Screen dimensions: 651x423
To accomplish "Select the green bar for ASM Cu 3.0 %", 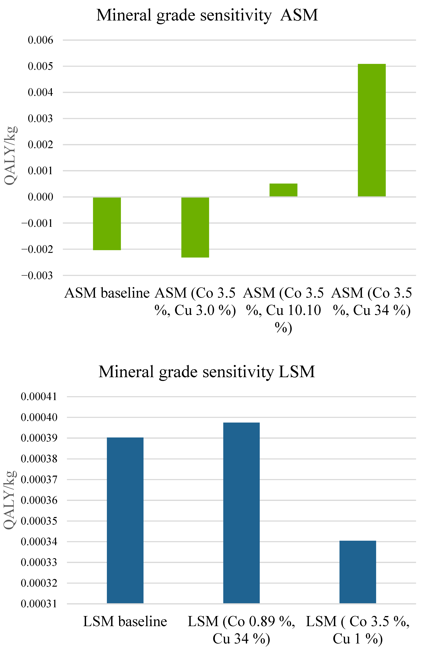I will pos(195,227).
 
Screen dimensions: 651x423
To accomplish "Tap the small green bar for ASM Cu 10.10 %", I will pos(283,190).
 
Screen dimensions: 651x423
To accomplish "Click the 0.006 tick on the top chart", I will pos(41,40).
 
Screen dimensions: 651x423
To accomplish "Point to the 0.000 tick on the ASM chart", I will pos(41,197).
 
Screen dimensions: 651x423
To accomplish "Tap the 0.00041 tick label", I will pos(39,397).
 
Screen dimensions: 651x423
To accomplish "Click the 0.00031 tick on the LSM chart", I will pos(39,604).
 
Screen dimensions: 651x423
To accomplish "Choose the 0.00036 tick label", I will pos(39,500).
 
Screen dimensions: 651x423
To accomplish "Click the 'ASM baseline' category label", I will pos(107,293).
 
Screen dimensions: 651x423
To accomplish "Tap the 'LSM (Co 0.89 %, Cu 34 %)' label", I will pos(241,630).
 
